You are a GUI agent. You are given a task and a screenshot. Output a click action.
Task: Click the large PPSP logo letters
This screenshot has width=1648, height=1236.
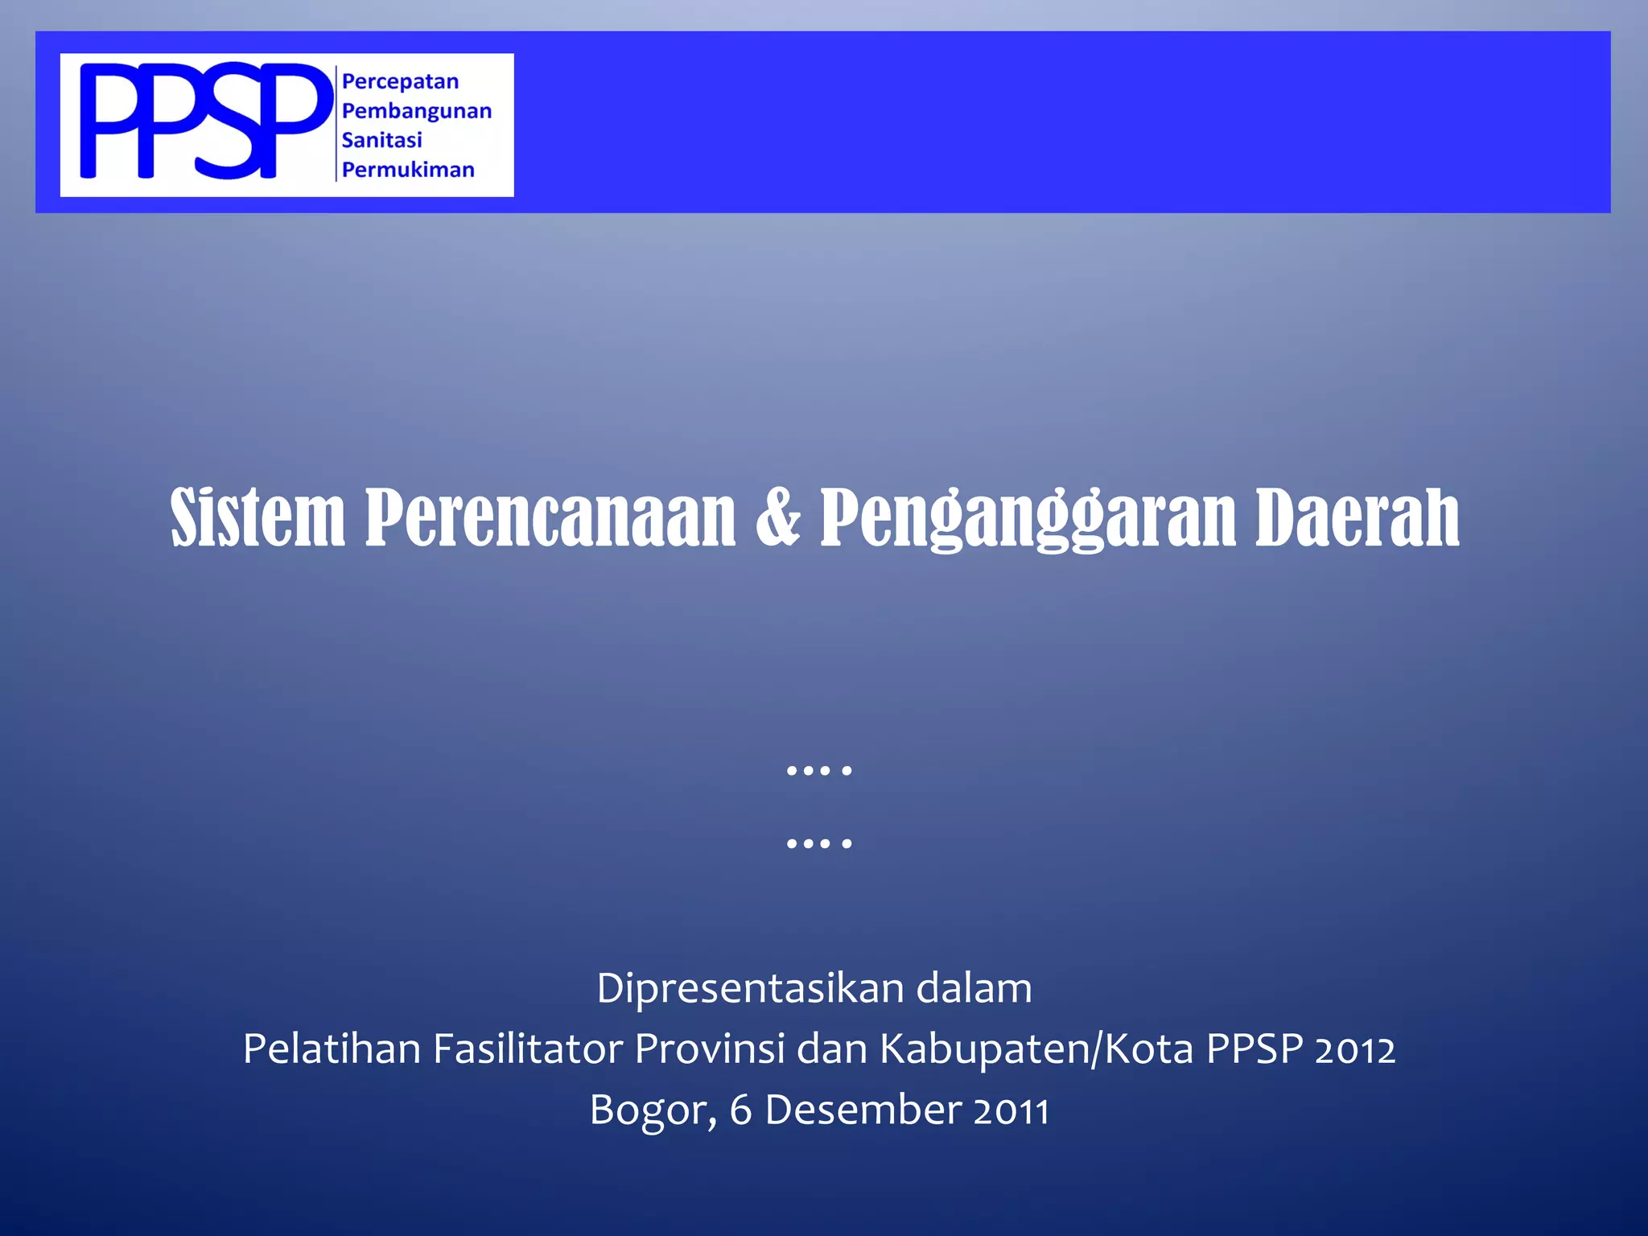click(x=205, y=121)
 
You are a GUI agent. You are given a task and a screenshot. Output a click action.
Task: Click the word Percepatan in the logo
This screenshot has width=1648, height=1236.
click(x=400, y=82)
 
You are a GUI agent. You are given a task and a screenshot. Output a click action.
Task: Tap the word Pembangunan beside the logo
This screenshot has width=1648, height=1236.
click(x=416, y=111)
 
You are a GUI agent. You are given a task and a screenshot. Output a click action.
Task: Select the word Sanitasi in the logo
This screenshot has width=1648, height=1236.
click(x=381, y=140)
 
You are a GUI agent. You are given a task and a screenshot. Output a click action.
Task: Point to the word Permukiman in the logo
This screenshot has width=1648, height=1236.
click(x=408, y=170)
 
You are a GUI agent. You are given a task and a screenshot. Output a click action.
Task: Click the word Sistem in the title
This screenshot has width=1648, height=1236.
click(x=257, y=517)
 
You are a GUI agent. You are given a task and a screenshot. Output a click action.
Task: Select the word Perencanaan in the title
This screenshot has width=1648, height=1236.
click(x=550, y=517)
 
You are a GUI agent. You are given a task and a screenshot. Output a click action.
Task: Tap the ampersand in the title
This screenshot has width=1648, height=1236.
click(x=778, y=517)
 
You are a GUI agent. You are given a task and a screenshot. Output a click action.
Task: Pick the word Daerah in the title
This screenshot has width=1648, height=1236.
click(x=1358, y=517)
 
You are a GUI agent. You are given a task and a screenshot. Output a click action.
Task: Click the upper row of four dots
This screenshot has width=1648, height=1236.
click(x=818, y=771)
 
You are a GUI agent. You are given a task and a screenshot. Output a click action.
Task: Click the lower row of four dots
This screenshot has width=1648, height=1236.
click(x=818, y=843)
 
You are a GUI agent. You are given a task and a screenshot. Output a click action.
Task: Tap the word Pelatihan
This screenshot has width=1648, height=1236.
click(x=332, y=1049)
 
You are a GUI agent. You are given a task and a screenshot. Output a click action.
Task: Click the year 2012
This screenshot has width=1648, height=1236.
click(x=1355, y=1050)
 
